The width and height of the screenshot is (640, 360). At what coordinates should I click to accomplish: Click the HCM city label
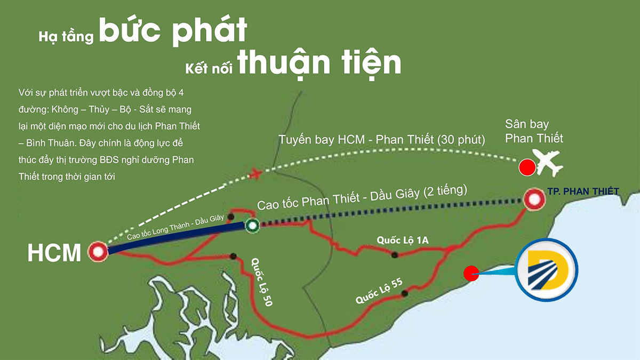pos(54,252)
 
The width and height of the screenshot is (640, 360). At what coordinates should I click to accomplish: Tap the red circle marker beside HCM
pos(98,251)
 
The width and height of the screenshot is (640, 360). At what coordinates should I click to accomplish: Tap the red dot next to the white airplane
pos(527,167)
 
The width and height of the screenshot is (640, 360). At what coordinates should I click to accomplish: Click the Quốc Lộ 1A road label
pos(403,241)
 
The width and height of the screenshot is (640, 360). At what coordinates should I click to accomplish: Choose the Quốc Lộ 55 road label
pos(379,292)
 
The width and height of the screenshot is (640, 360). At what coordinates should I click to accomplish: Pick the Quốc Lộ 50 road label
pos(261,282)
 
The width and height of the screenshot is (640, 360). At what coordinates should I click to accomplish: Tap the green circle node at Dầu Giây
pos(252,225)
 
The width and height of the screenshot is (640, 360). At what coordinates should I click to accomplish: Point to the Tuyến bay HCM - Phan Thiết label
pos(381,140)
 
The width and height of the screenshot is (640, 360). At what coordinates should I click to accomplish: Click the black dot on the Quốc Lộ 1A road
pos(394,255)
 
